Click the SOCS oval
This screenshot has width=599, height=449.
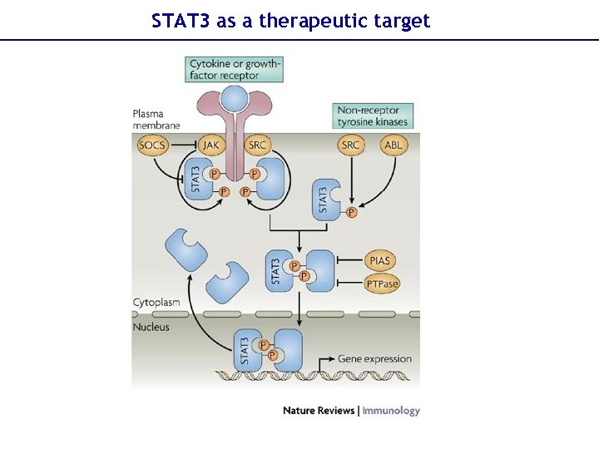(153, 146)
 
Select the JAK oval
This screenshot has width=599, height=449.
(212, 146)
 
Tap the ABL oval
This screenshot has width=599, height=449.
(394, 146)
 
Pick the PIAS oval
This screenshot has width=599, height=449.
(379, 261)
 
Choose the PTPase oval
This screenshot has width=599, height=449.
(382, 284)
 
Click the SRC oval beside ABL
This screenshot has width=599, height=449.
(351, 146)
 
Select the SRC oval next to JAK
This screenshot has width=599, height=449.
(258, 146)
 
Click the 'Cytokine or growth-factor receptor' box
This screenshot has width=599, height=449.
(235, 69)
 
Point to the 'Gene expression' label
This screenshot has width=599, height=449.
(374, 359)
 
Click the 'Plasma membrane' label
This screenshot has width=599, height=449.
(156, 119)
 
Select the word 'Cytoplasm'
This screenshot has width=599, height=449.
(157, 303)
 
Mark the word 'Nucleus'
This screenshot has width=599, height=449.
(151, 327)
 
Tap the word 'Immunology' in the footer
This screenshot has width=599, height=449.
(391, 410)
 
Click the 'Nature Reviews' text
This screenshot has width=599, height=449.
(319, 410)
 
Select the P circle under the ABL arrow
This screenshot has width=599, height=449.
(351, 213)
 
